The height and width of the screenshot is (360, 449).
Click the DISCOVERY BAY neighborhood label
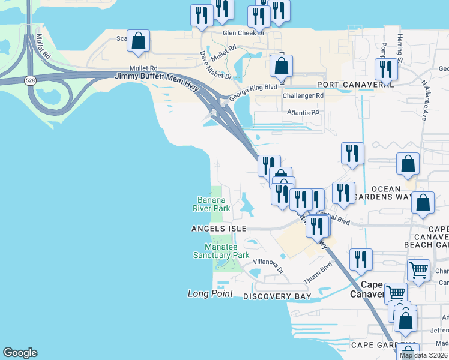pyautogui.click(x=277, y=296)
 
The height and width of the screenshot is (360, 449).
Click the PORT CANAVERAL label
pyautogui.click(x=355, y=85)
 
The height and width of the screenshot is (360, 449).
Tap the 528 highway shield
pyautogui.click(x=29, y=80)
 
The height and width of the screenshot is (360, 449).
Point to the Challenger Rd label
pyautogui.click(x=303, y=95)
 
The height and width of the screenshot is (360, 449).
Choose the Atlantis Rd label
pyautogui.click(x=303, y=112)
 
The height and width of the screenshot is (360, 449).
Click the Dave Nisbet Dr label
pyautogui.click(x=215, y=65)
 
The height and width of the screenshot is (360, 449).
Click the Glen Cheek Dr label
pyautogui.click(x=243, y=33)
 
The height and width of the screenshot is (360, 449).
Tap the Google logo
pyautogui.click(x=20, y=353)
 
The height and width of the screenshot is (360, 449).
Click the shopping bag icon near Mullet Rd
pyautogui.click(x=139, y=41)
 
